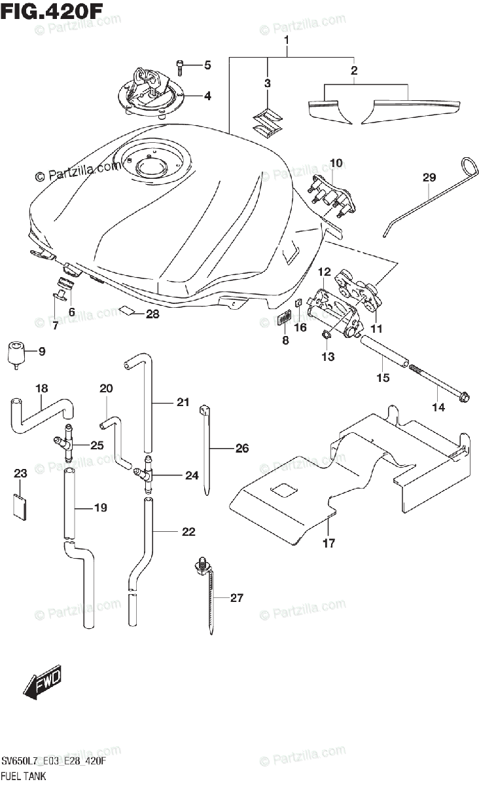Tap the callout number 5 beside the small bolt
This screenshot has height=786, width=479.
pyautogui.click(x=207, y=65)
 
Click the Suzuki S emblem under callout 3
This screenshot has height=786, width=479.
pyautogui.click(x=268, y=123)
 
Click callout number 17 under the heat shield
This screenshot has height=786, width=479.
pyautogui.click(x=328, y=543)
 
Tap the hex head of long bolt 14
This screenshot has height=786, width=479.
pyautogui.click(x=463, y=398)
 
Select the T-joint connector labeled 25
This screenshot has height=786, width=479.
pyautogui.click(x=65, y=443)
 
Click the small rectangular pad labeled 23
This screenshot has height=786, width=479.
pyautogui.click(x=20, y=506)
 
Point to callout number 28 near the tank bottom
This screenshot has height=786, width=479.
pyautogui.click(x=152, y=314)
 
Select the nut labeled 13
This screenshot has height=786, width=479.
pyautogui.click(x=326, y=335)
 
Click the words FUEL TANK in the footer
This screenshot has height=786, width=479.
pyautogui.click(x=24, y=776)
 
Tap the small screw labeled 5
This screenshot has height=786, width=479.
pyautogui.click(x=179, y=67)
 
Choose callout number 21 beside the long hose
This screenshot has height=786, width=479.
pyautogui.click(x=183, y=402)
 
